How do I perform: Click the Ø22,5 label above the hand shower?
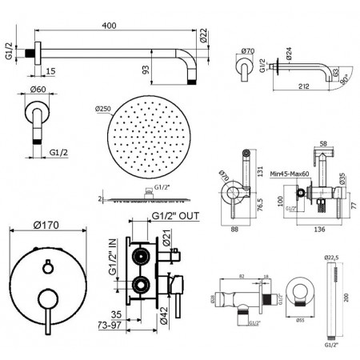[x=330, y=258]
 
